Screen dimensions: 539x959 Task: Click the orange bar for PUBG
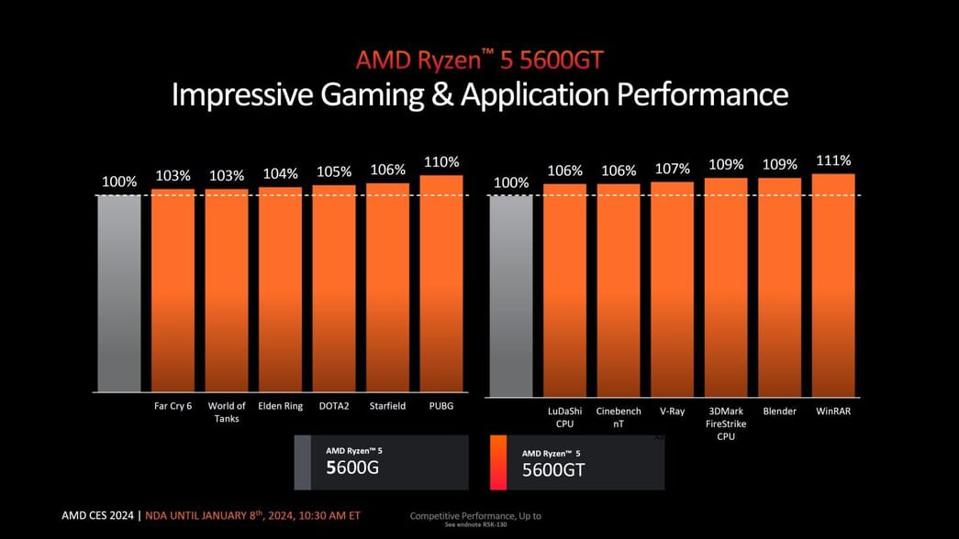click(441, 283)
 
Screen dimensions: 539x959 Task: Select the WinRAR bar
click(833, 285)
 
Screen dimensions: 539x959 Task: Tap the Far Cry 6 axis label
click(173, 406)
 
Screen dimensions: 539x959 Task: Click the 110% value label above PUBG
click(441, 162)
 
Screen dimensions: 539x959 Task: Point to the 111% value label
click(833, 160)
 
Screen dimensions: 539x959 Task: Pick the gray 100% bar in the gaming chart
click(119, 293)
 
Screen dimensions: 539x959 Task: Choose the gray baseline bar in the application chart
click(511, 295)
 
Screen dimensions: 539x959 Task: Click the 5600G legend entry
click(381, 460)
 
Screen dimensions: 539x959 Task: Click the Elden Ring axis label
click(280, 406)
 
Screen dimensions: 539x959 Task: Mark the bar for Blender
click(779, 287)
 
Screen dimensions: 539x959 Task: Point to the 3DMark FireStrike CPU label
click(726, 423)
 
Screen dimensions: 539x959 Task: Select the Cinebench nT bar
click(619, 290)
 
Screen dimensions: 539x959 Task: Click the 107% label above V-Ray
click(672, 169)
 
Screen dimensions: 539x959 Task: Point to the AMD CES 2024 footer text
click(98, 515)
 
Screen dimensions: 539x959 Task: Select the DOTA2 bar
click(334, 289)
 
